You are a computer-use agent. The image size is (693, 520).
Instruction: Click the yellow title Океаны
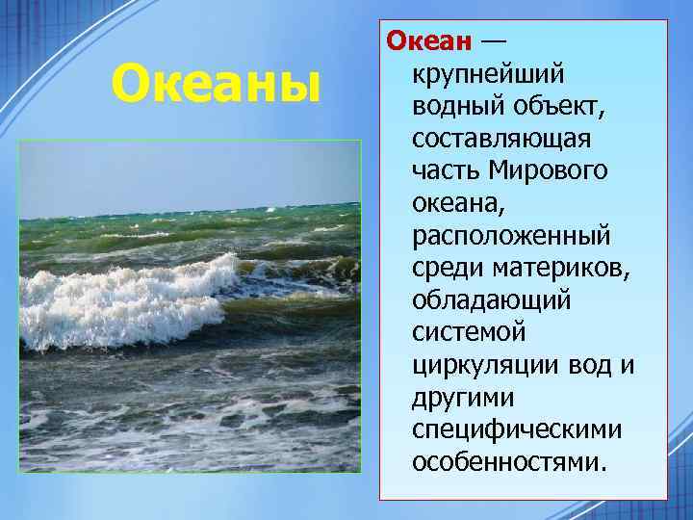coord(215,84)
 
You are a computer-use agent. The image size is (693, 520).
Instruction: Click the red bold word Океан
coord(429,41)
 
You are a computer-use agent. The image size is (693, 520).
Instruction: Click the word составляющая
coord(500,139)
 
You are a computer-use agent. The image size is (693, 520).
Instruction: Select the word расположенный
coord(511,236)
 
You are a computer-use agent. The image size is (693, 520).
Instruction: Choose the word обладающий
coord(492,300)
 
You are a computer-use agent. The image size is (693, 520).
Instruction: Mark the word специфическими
coord(516,429)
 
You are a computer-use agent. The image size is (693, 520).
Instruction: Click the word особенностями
coord(510,462)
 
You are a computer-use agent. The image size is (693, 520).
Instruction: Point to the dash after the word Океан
coord(492,41)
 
